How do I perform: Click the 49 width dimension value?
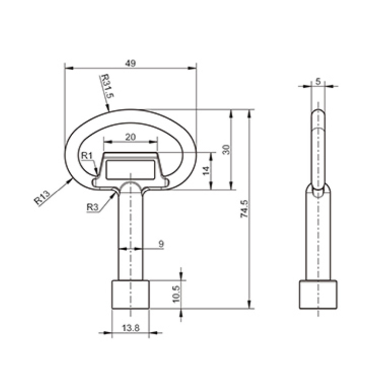coord(131,63)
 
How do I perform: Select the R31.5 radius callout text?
coord(106,86)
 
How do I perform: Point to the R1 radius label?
coord(86,156)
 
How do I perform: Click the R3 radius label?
coord(92,207)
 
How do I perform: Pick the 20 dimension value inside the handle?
coord(131,137)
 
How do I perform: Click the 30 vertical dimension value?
coord(225,150)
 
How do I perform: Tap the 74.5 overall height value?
coord(245,209)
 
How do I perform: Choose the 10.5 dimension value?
coord(175,294)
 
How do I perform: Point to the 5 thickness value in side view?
coord(318,81)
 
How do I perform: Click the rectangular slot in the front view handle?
coord(131,169)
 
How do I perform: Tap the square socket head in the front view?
coord(131,294)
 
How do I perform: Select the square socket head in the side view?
coord(318,294)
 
